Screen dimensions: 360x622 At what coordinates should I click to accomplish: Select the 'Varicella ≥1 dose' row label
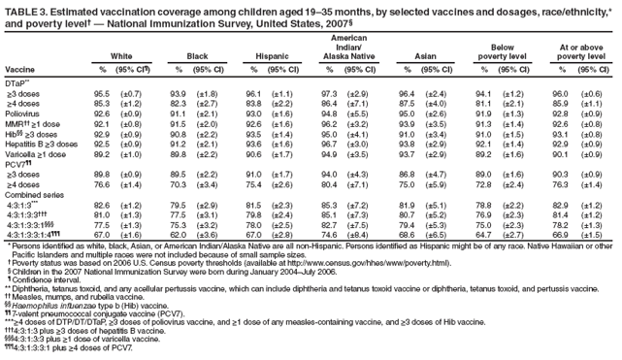click(36, 154)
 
